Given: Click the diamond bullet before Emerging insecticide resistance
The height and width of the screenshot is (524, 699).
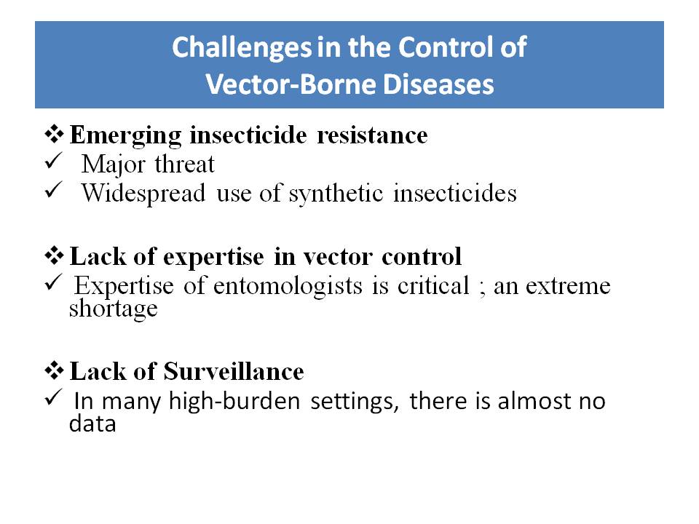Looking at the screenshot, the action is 54,134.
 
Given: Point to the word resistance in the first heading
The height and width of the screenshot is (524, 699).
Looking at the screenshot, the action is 372,135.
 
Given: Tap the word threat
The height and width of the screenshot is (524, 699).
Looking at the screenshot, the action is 184,164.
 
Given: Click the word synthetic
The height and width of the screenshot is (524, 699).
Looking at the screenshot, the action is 336,194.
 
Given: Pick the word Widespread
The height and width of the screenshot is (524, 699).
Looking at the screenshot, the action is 143,194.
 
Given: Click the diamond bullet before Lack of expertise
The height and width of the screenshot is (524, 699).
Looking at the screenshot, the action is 54,255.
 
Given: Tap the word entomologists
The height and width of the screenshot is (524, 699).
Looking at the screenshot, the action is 288,286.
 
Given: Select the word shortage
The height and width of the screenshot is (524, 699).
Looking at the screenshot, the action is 114,309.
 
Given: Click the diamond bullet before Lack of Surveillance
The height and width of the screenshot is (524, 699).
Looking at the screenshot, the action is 54,370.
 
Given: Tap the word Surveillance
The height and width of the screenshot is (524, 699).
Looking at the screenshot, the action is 234,371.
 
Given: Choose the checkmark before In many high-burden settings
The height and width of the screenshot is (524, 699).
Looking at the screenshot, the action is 52,397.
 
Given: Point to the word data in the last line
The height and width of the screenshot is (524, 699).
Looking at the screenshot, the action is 92,423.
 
